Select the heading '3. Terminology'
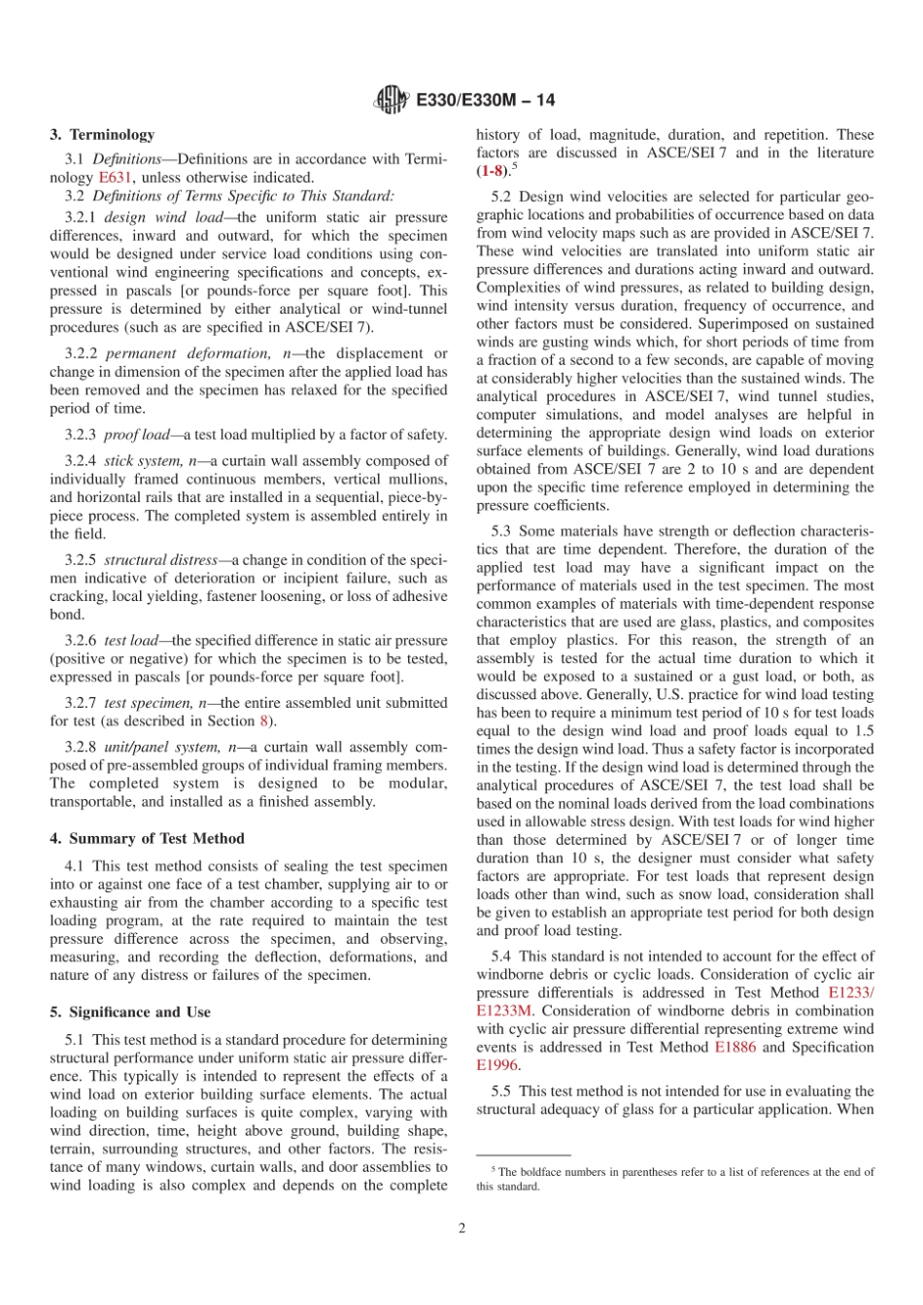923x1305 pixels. (x=102, y=135)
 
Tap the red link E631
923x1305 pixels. (x=113, y=177)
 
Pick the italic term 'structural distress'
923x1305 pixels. (x=162, y=560)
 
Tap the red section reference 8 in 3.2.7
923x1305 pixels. (x=263, y=720)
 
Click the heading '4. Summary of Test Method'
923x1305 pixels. (x=148, y=838)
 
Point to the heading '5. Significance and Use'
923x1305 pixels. (x=130, y=1012)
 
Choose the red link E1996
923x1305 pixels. (x=496, y=1064)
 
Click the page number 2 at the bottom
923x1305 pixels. (x=462, y=1228)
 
